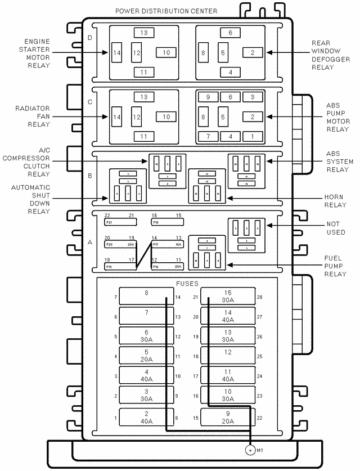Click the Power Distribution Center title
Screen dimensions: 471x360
click(x=166, y=11)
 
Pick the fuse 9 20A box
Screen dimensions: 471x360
click(x=228, y=418)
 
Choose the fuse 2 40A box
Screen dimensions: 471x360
click(x=146, y=418)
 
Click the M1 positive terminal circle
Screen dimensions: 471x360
click(x=250, y=450)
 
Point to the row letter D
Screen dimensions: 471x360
click(x=91, y=38)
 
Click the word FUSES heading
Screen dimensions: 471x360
click(x=187, y=284)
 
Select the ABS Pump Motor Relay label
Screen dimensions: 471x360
click(x=337, y=117)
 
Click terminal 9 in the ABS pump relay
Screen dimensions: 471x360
click(x=208, y=97)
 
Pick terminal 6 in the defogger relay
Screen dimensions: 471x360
click(x=230, y=33)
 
